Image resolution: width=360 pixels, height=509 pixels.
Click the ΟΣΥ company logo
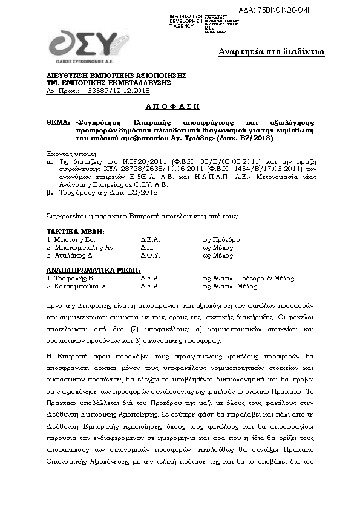(82, 45)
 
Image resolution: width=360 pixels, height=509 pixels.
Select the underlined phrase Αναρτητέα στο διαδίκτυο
(271, 52)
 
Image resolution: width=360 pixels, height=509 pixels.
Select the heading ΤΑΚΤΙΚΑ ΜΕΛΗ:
(75, 232)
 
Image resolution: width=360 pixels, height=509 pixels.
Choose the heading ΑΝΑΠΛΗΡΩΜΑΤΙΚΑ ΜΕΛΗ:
(93, 270)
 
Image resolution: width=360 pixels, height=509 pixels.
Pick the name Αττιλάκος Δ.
(73, 256)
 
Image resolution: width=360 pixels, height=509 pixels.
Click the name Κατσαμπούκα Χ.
(79, 287)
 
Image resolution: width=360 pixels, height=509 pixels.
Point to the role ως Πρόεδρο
(221, 240)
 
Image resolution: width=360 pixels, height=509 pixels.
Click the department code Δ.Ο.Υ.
(151, 256)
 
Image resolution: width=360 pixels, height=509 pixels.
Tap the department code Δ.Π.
(147, 248)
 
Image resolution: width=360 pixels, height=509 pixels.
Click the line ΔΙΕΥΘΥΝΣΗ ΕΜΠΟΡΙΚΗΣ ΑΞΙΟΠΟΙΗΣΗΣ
(116, 75)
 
